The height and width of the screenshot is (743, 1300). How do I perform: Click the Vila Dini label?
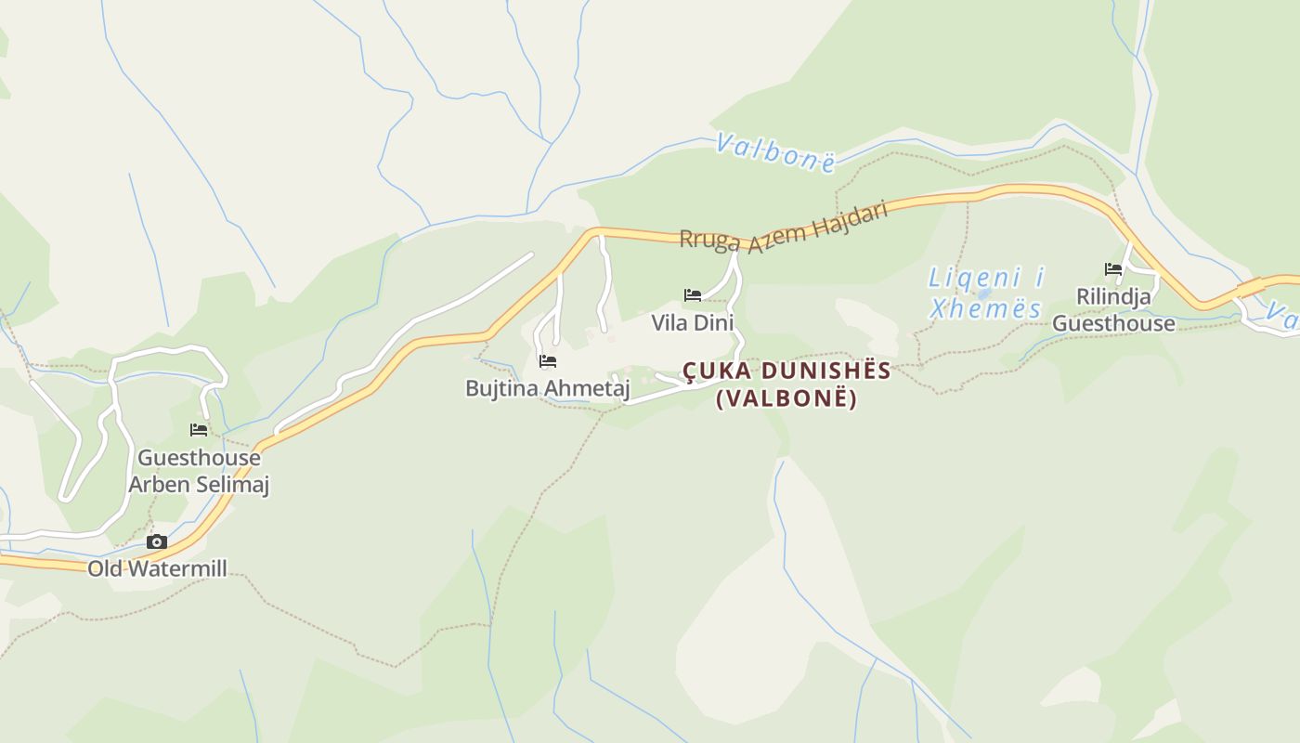click(692, 323)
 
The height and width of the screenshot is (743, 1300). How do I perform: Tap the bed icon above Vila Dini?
click(692, 295)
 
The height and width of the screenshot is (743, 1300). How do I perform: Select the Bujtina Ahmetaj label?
click(547, 388)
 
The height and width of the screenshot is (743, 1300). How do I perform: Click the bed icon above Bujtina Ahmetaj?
click(547, 360)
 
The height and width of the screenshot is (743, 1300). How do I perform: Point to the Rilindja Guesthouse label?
click(1113, 310)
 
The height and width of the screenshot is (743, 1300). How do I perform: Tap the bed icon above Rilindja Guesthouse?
click(1113, 269)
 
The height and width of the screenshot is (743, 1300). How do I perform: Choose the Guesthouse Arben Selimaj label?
click(199, 471)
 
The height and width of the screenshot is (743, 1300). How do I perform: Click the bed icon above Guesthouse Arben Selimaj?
click(199, 429)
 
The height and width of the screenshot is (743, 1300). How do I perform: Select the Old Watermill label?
click(157, 568)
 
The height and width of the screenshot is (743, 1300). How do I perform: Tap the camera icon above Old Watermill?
click(157, 541)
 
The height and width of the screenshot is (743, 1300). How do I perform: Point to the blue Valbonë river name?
click(775, 152)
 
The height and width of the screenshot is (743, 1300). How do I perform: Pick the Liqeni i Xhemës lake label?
click(986, 293)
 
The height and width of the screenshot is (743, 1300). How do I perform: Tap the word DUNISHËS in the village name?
click(826, 371)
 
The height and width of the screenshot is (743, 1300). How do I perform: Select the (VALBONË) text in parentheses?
click(786, 398)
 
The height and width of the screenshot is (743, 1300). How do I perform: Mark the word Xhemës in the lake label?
click(985, 308)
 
